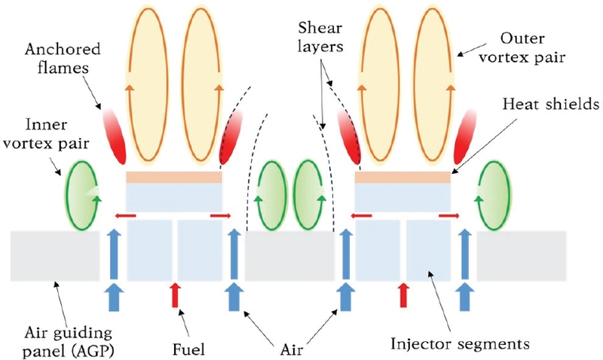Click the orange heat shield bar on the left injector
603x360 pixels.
click(174, 177)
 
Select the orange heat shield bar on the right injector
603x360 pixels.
click(403, 177)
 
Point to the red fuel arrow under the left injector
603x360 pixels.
click(175, 294)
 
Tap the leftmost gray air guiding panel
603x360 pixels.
click(55, 255)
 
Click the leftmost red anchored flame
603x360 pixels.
click(114, 136)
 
